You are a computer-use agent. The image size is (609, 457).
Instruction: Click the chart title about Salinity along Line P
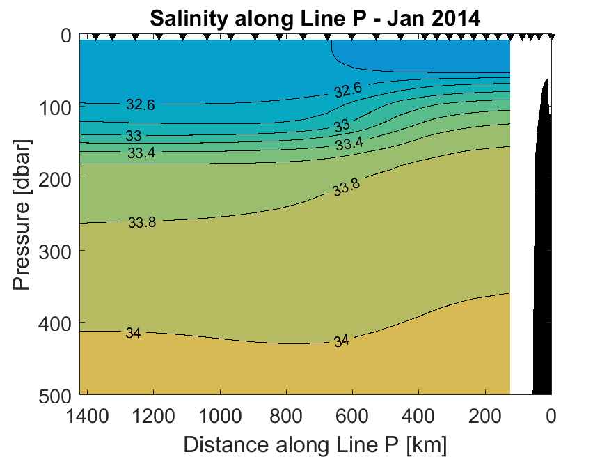click(x=315, y=19)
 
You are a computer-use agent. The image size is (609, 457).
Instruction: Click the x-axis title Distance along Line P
click(x=315, y=444)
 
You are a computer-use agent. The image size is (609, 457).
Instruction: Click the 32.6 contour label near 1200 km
click(x=141, y=104)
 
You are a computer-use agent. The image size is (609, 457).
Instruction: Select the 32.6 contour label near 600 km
click(x=347, y=90)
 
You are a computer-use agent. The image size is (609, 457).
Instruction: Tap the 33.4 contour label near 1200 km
click(x=141, y=153)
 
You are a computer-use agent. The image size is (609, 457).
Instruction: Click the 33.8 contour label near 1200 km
click(x=142, y=223)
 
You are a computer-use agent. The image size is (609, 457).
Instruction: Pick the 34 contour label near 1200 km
click(x=133, y=333)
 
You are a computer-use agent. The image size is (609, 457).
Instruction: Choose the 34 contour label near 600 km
click(x=341, y=341)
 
